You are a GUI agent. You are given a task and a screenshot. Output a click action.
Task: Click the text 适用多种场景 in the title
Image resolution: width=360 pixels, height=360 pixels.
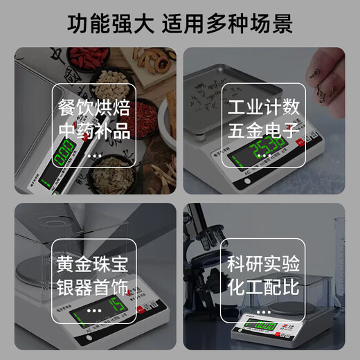pyautogui.click(x=228, y=23)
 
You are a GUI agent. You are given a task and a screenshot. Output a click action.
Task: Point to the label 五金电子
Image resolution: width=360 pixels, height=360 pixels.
pyautogui.click(x=264, y=130)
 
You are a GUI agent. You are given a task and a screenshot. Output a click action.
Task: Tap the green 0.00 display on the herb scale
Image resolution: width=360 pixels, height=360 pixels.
pyautogui.click(x=64, y=152)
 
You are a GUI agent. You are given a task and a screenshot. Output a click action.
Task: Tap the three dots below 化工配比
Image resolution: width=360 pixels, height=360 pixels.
pyautogui.click(x=264, y=309)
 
